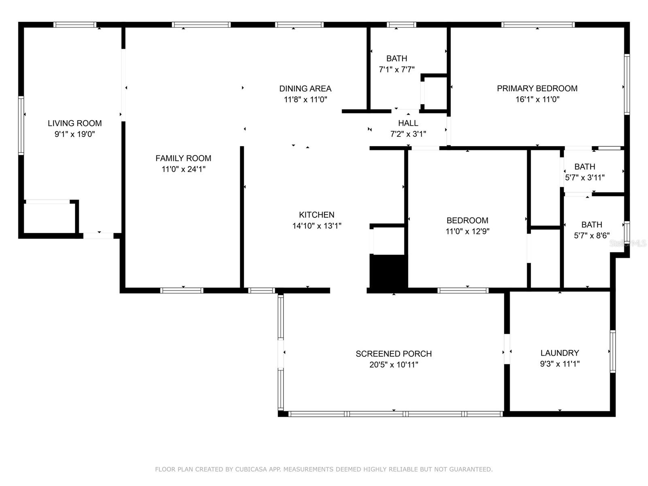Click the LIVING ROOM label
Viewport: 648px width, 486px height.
click(x=75, y=123)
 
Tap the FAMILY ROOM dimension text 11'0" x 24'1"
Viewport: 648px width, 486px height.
click(x=183, y=169)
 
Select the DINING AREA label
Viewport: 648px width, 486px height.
click(x=305, y=89)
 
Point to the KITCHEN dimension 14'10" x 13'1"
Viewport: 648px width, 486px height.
click(x=317, y=226)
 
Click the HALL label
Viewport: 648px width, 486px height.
click(x=408, y=123)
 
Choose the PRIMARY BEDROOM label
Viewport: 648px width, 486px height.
click(x=537, y=89)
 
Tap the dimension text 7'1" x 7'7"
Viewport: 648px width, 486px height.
click(x=396, y=69)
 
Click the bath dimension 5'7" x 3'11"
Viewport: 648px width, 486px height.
click(x=584, y=177)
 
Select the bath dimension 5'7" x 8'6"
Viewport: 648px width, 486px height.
click(x=592, y=235)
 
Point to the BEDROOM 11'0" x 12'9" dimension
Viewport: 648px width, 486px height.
click(x=467, y=231)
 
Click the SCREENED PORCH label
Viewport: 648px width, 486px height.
click(x=394, y=354)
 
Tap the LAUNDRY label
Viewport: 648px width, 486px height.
click(x=560, y=353)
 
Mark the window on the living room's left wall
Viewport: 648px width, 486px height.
click(x=21, y=126)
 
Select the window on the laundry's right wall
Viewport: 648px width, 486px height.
click(x=613, y=351)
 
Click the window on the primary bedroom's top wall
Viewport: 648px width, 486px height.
click(x=537, y=24)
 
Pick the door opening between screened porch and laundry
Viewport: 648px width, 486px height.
click(x=507, y=349)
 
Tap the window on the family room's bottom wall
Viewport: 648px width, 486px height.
click(x=181, y=290)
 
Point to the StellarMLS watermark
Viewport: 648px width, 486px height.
click(x=628, y=243)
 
